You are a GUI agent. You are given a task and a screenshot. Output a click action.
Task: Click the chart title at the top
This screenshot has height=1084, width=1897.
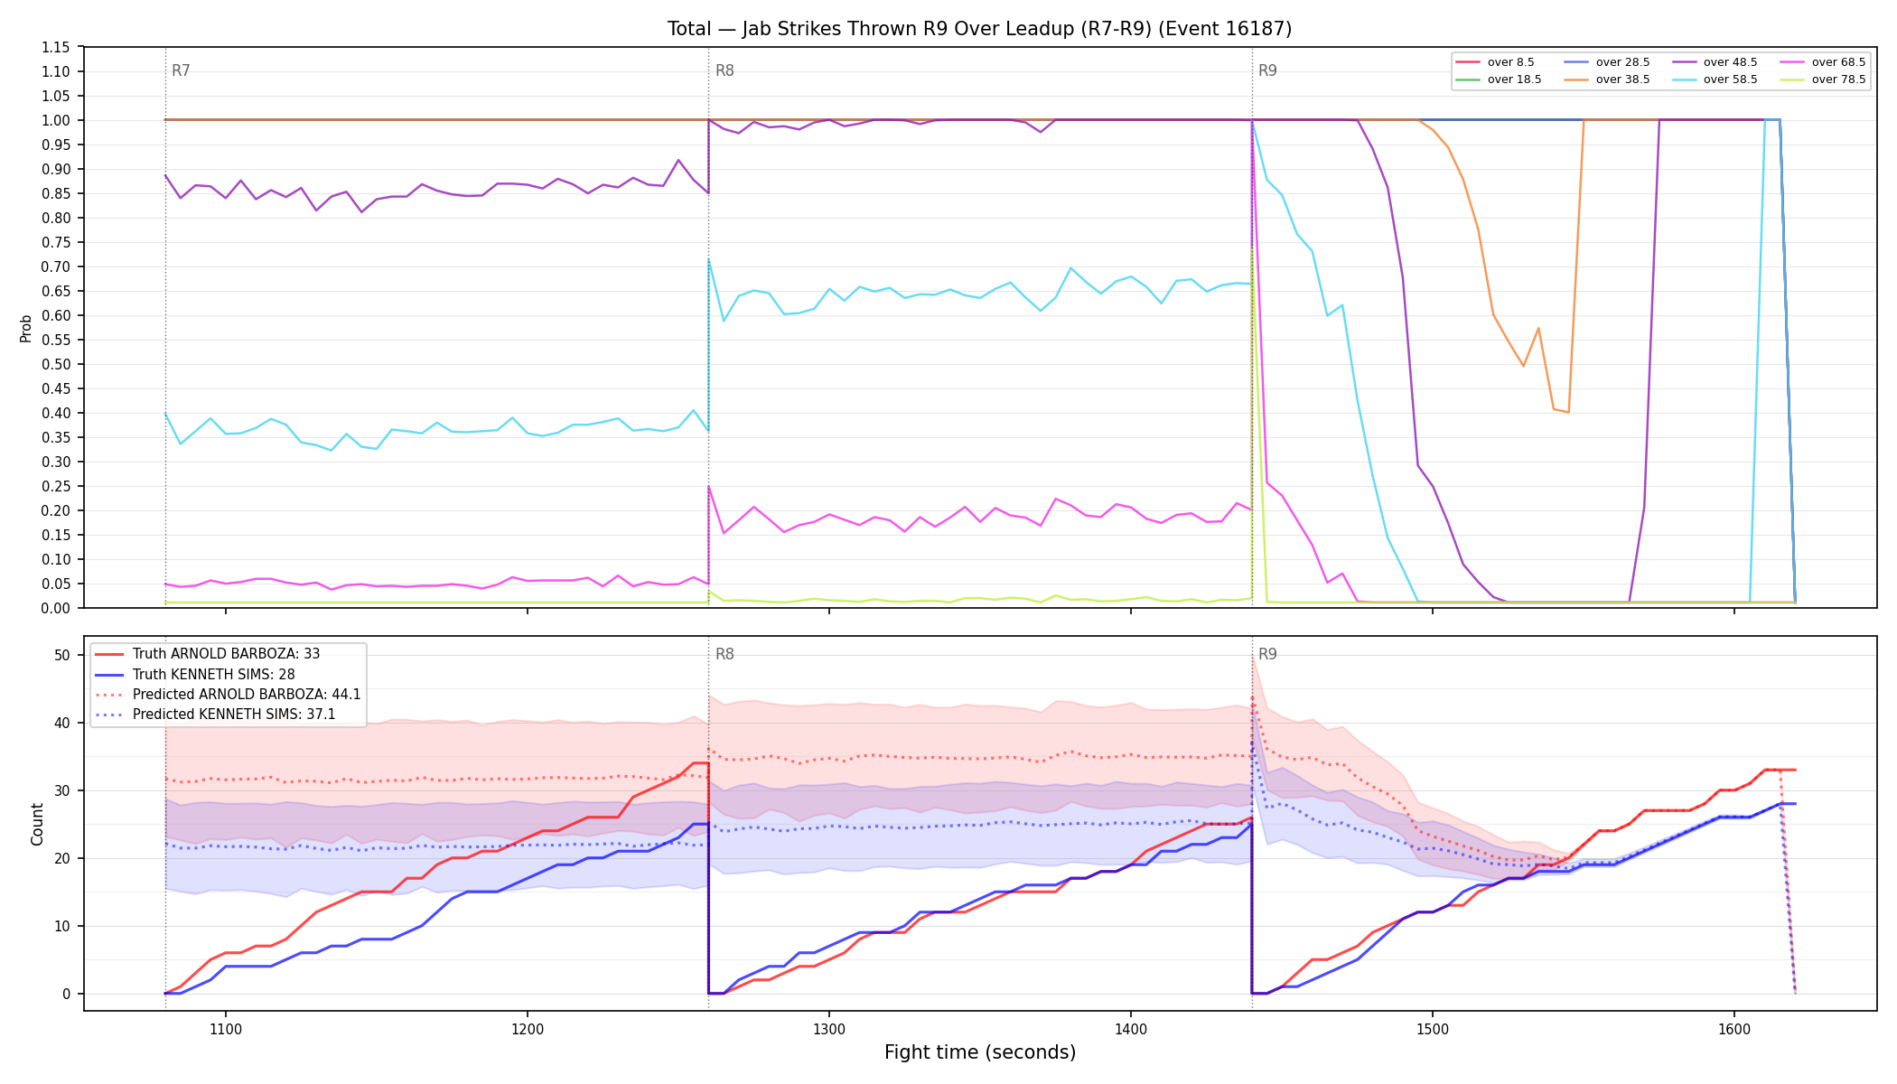coord(979,29)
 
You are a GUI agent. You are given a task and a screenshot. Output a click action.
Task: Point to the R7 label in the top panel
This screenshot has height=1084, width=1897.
coord(181,70)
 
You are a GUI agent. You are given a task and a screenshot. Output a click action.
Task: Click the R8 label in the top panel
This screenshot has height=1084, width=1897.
coord(724,70)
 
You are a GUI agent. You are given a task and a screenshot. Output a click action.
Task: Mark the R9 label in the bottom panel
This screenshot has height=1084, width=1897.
coord(1267,654)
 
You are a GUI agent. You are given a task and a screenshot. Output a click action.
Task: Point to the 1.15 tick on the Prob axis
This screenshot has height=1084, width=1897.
coord(55,47)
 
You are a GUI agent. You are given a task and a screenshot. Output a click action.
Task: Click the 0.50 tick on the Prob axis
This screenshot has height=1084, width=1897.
coord(55,364)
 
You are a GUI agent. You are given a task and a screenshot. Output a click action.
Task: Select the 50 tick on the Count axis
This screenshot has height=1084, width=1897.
coord(61,655)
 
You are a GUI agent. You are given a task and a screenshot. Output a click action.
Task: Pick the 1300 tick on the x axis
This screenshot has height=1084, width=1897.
coord(828,1029)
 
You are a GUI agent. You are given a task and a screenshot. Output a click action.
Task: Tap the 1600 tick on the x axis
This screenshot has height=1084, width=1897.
coord(1733,1029)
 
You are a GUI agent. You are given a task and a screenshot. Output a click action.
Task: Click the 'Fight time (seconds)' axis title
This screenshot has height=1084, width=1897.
coord(980,1052)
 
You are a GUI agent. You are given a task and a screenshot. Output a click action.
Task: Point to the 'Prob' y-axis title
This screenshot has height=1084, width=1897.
coord(25,328)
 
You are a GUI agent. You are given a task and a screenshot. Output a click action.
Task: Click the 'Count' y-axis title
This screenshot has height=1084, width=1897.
coord(37,824)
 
